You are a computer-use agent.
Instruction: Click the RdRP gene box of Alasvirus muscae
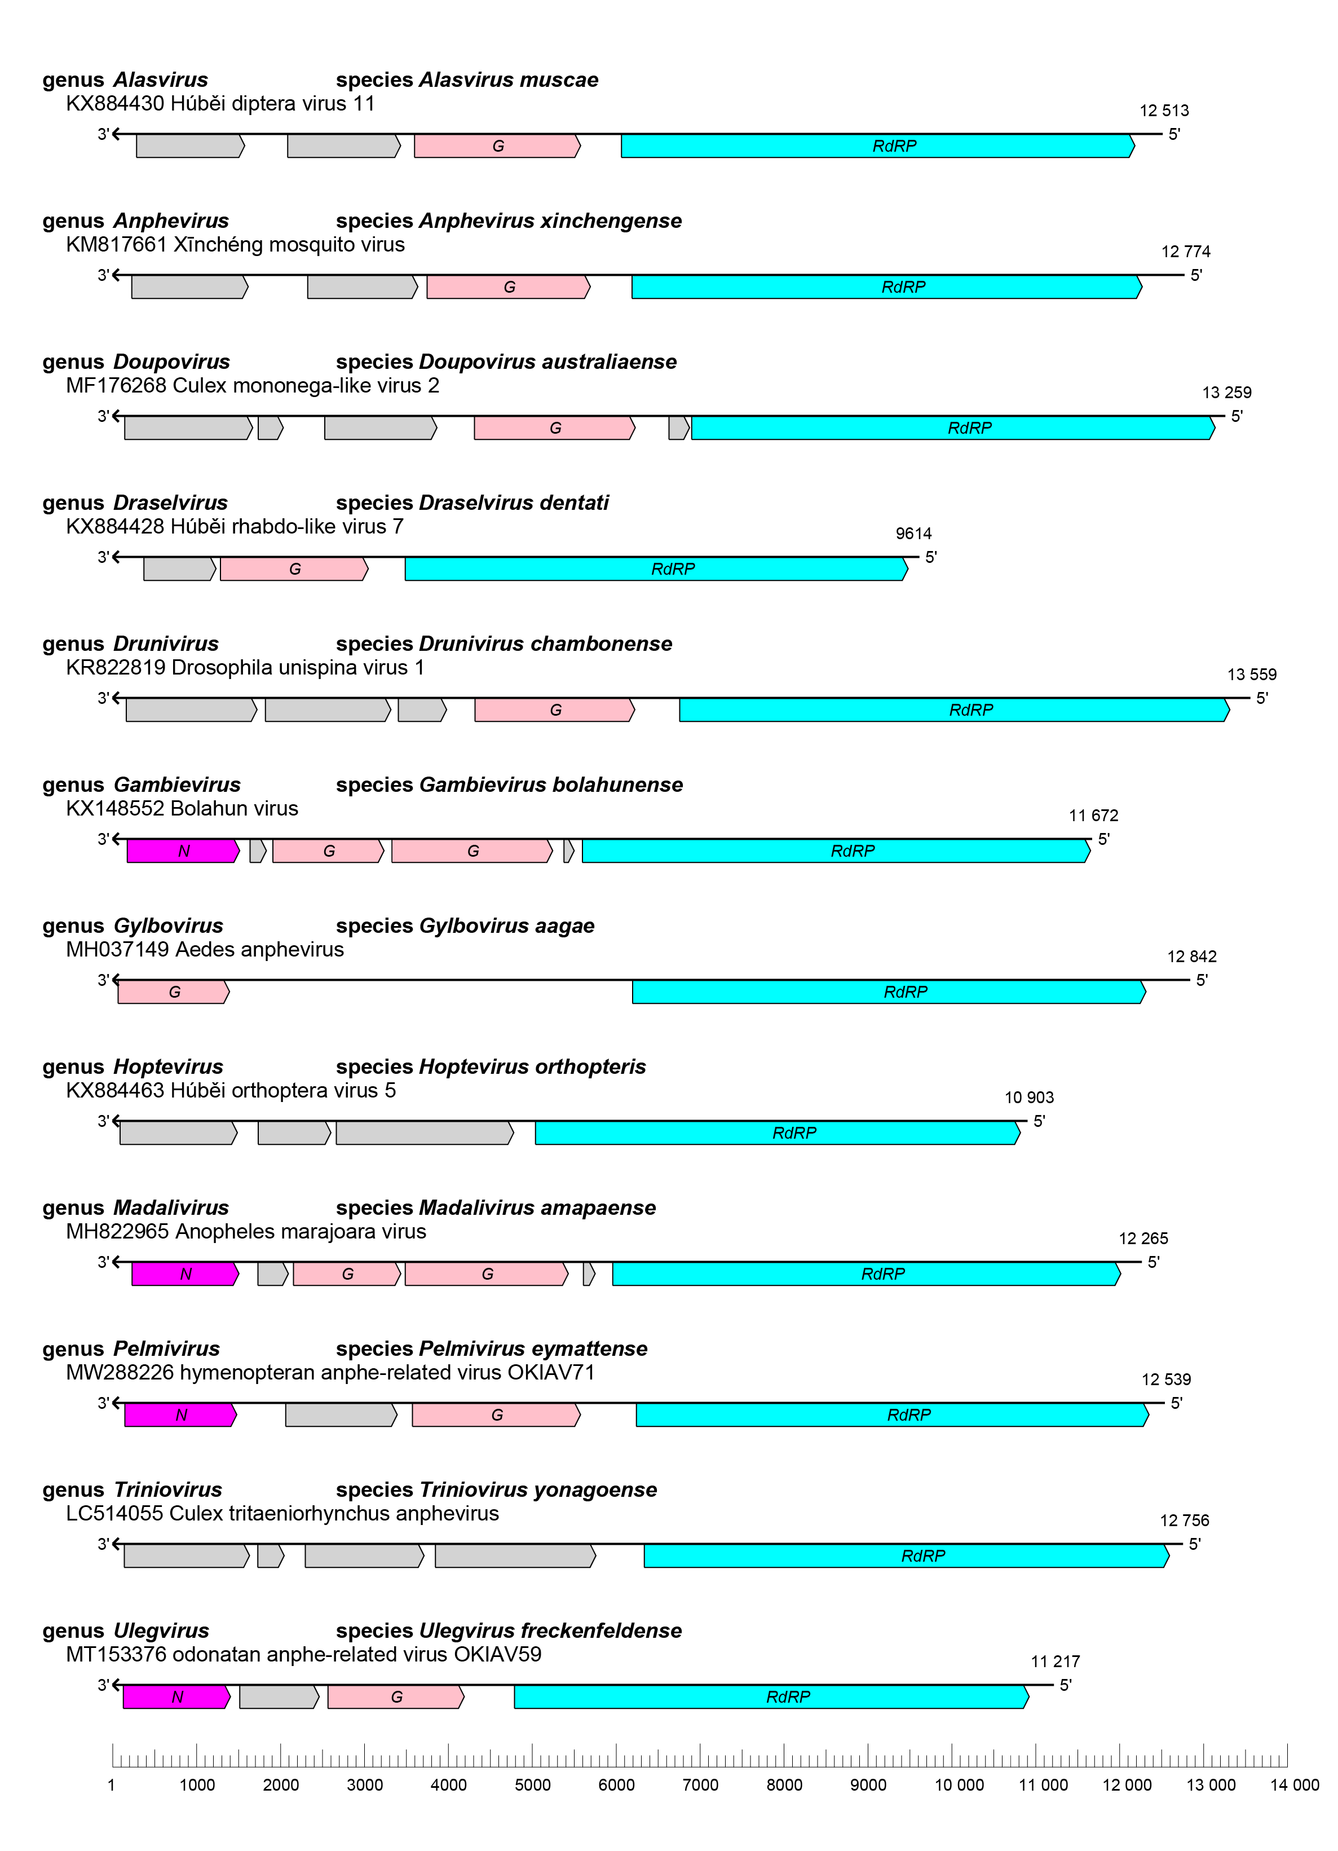877,146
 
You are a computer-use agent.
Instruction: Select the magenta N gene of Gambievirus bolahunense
183,851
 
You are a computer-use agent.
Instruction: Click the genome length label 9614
913,534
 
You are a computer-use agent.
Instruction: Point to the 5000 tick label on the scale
532,1785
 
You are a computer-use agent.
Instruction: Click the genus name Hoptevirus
168,1066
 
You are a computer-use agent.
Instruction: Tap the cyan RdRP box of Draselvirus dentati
656,569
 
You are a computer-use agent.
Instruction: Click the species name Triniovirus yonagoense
538,1489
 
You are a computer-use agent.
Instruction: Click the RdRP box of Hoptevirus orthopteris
776,1133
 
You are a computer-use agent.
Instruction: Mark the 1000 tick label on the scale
197,1785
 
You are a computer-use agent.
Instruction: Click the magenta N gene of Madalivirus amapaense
185,1274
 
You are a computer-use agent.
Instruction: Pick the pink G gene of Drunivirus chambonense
554,710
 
